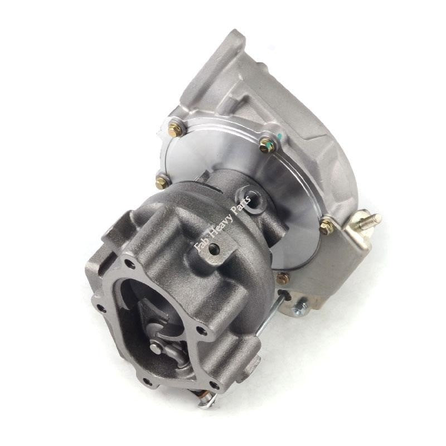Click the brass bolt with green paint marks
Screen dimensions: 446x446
click(268, 145)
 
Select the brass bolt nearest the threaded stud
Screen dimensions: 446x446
click(327, 226)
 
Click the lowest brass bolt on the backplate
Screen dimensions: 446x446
click(283, 278)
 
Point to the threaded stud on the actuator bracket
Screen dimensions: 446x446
click(372, 219)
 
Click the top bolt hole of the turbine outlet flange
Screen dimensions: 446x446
click(130, 264)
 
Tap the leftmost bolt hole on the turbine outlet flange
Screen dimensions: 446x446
click(100, 307)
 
